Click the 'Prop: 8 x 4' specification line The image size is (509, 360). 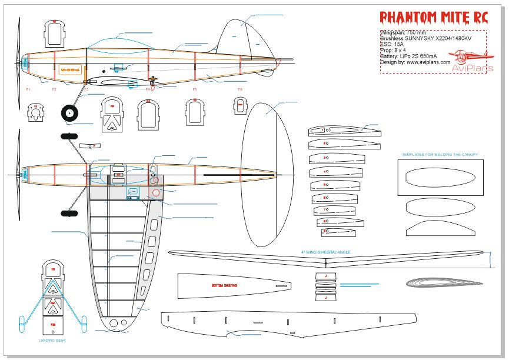pyautogui.click(x=397, y=50)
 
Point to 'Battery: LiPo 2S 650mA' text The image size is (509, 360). pyautogui.click(x=412, y=56)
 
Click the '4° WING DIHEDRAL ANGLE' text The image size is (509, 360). pyautogui.click(x=326, y=252)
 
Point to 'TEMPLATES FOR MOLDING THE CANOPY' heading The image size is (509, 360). pyautogui.click(x=440, y=155)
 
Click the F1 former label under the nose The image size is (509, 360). pyautogui.click(x=28, y=89)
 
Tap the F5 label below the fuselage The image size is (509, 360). pyautogui.click(x=195, y=89)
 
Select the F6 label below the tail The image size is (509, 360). pyautogui.click(x=240, y=89)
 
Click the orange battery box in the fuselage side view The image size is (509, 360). pyautogui.click(x=70, y=69)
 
